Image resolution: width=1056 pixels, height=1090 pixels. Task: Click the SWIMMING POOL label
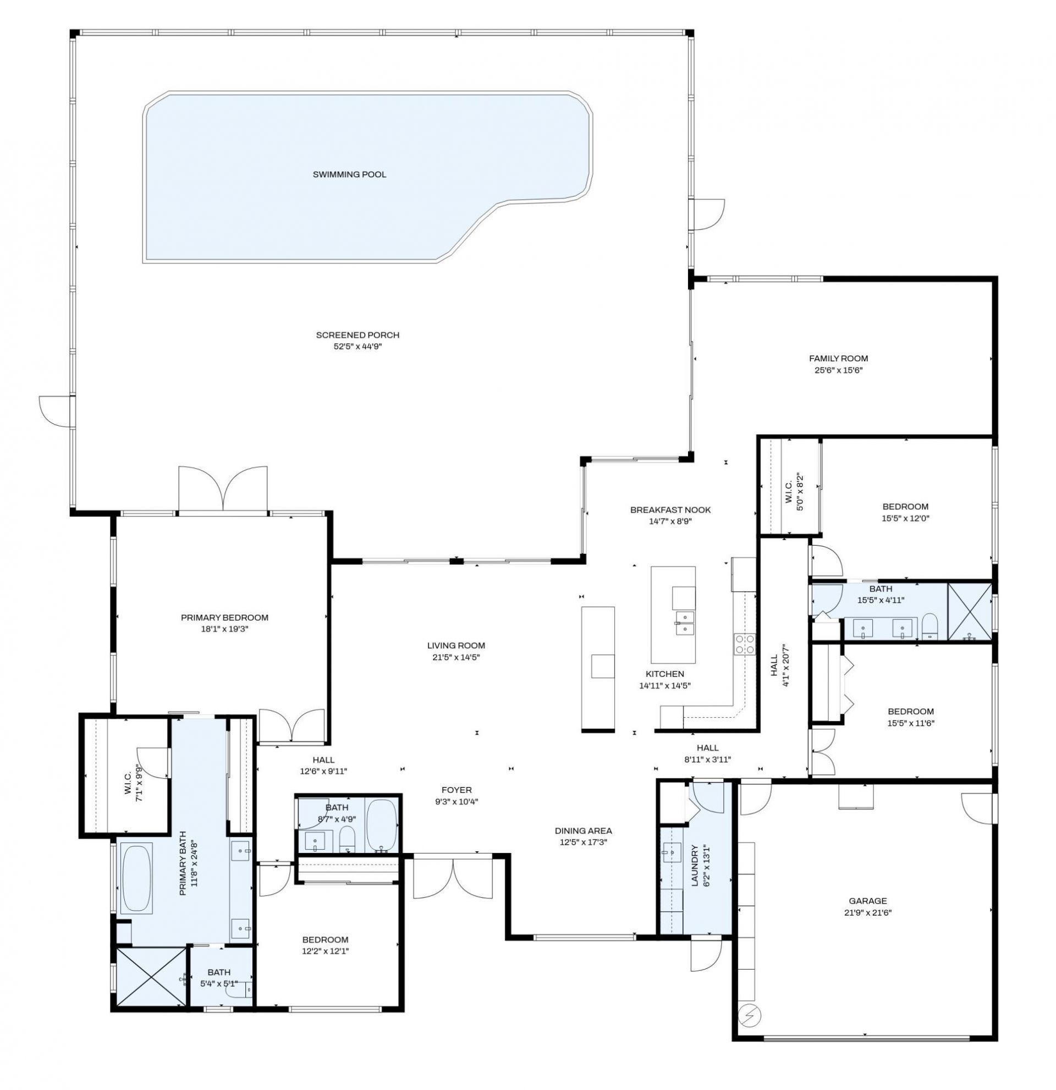pyautogui.click(x=349, y=175)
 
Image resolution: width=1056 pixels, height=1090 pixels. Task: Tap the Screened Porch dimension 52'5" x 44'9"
pyautogui.click(x=358, y=346)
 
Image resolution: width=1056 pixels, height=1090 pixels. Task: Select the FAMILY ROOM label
pyautogui.click(x=838, y=359)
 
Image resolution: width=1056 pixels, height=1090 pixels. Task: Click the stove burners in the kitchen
pyautogui.click(x=745, y=644)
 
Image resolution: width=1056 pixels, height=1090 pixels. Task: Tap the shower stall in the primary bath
pyautogui.click(x=150, y=977)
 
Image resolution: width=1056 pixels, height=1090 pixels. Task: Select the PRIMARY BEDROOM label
pyautogui.click(x=224, y=617)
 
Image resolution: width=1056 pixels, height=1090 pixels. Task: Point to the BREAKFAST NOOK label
pyautogui.click(x=669, y=510)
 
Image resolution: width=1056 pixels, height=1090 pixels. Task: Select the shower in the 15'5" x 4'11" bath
pyautogui.click(x=969, y=611)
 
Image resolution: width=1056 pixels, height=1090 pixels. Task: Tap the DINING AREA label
pyautogui.click(x=583, y=831)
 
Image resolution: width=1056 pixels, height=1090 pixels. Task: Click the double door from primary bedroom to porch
pyautogui.click(x=222, y=487)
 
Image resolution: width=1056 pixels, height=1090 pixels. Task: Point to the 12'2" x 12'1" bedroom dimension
pyautogui.click(x=325, y=951)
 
